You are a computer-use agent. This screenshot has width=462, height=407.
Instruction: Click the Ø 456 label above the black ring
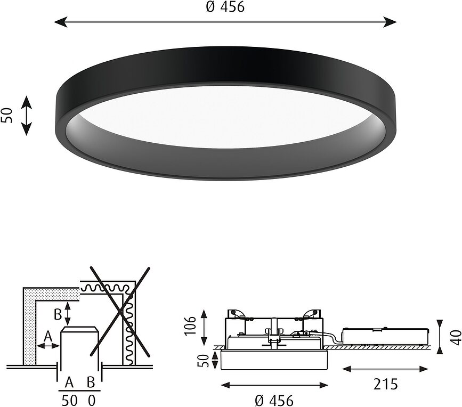pos(225,7)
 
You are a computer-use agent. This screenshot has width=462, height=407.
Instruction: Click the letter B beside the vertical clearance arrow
pos(57,315)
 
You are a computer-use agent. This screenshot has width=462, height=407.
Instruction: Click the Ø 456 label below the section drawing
pos(274,400)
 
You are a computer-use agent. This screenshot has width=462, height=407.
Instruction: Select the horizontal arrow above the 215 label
pos(385,369)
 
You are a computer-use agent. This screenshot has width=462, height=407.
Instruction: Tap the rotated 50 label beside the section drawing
pos(202,361)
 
